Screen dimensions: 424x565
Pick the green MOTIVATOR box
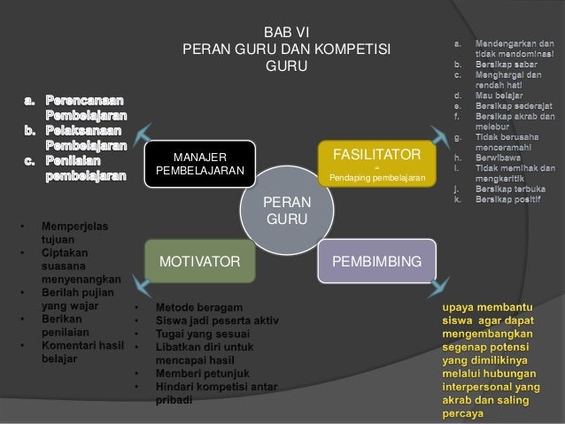pos(199,262)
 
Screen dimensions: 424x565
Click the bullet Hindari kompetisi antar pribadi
pos(216,394)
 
